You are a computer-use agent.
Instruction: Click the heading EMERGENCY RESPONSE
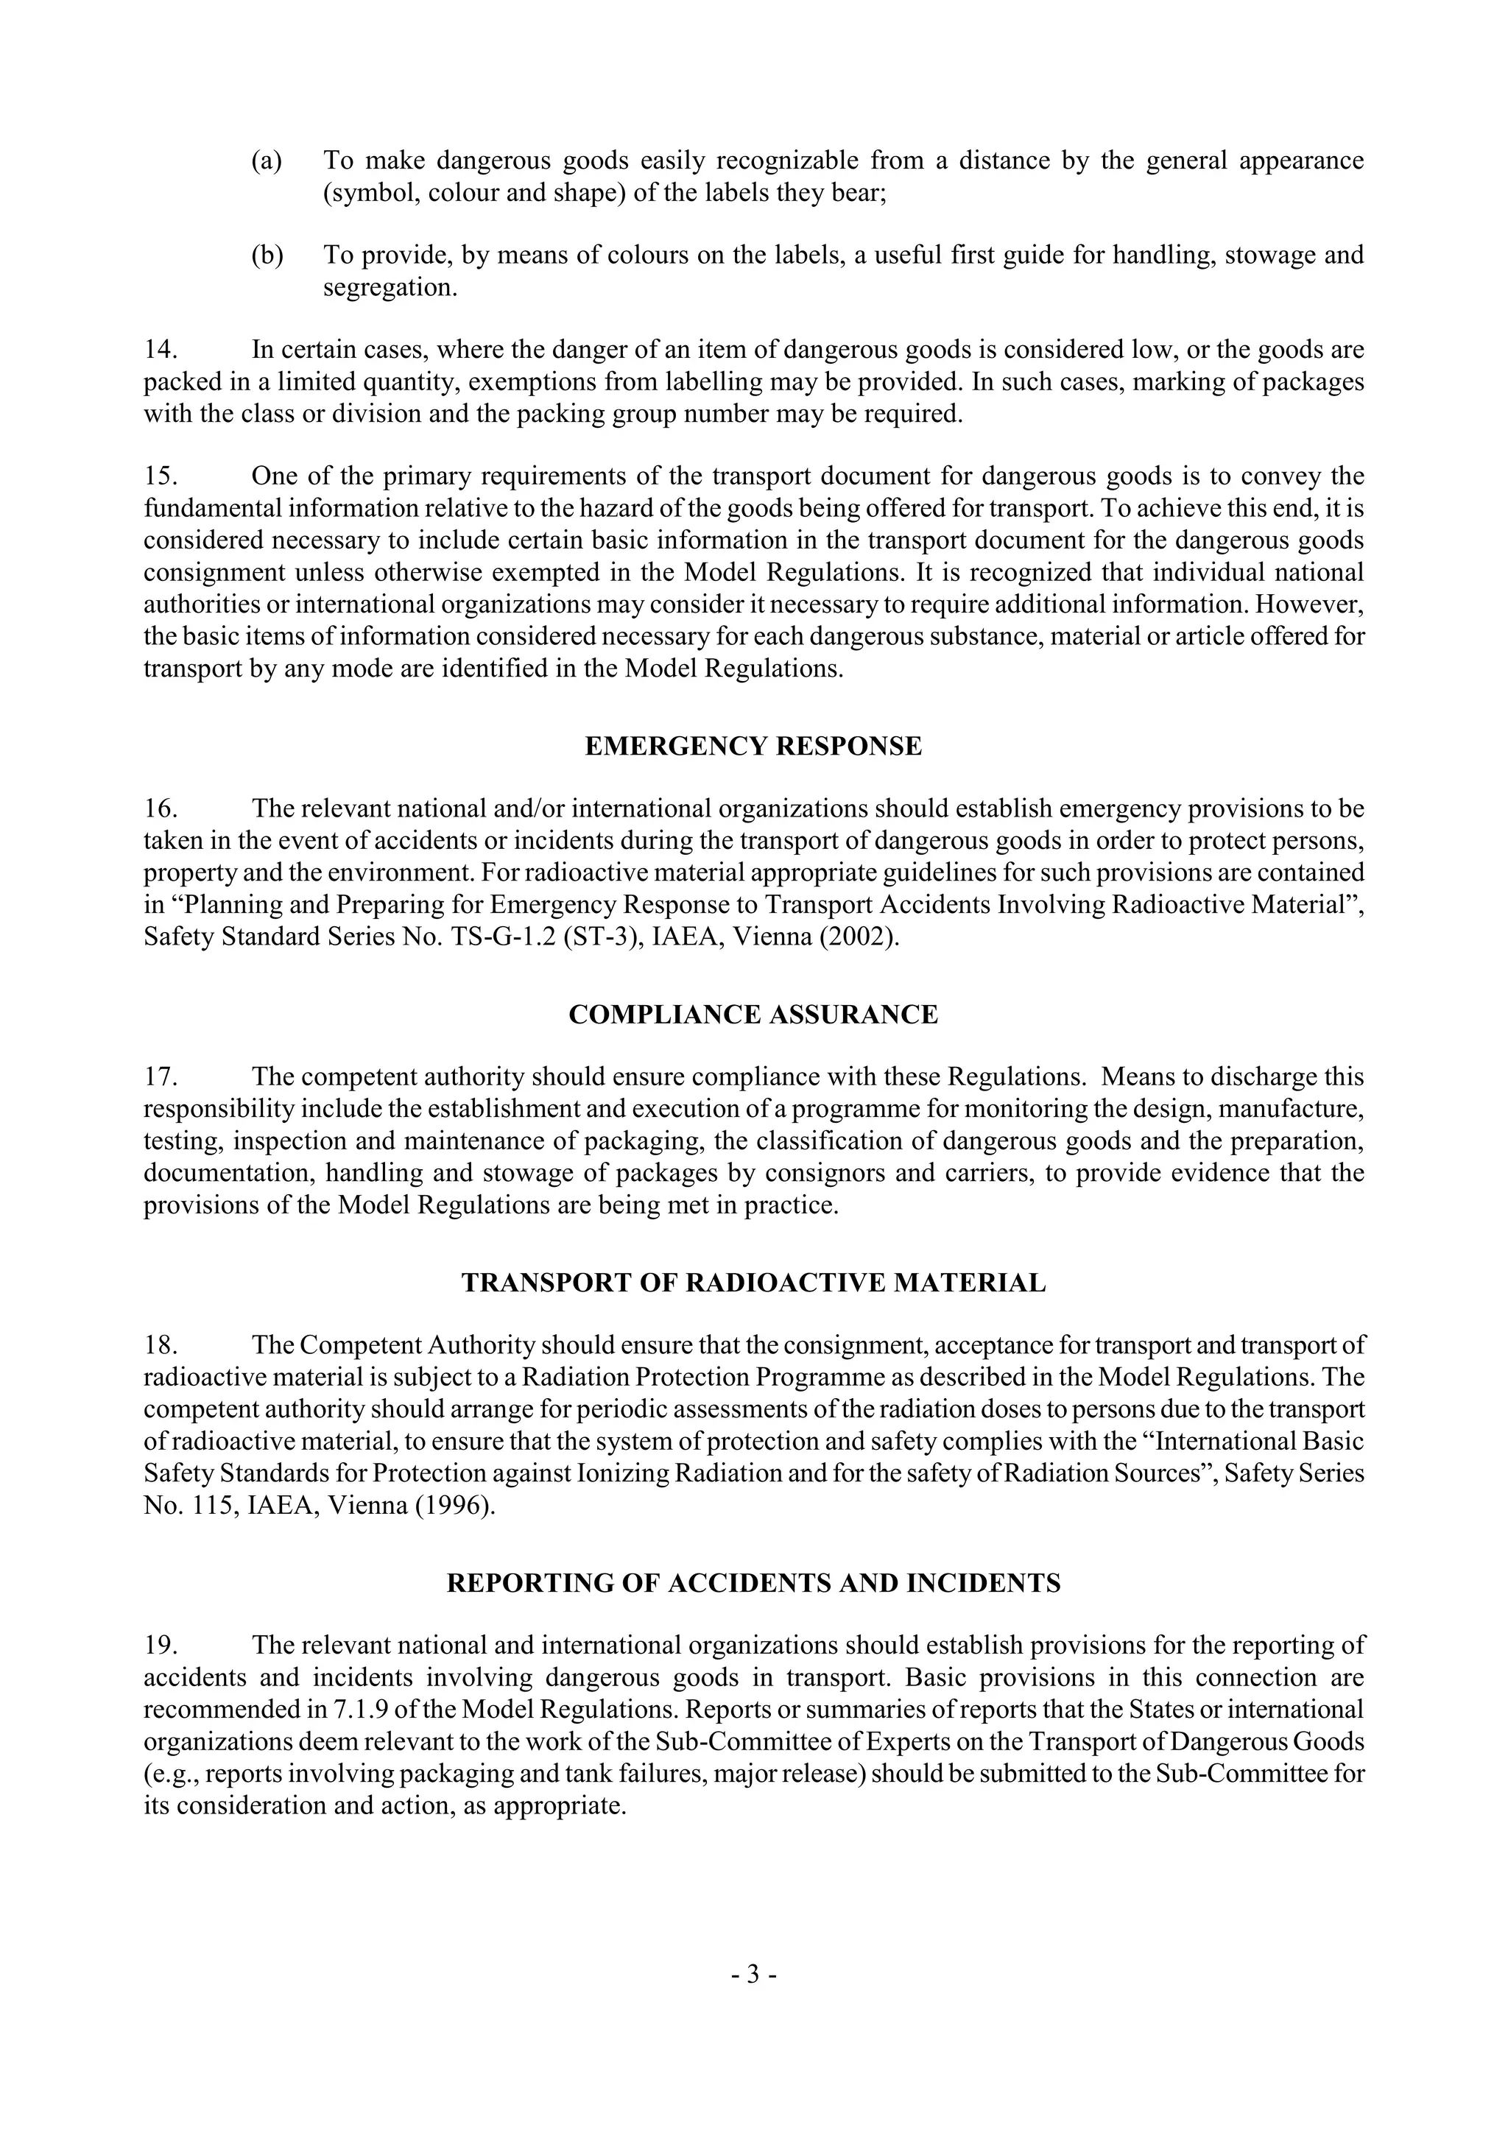click(753, 747)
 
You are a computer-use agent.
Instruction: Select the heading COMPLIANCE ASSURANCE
click(753, 1015)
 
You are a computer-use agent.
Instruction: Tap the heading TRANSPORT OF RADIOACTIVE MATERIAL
click(753, 1283)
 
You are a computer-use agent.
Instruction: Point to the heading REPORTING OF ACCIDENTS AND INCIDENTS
click(753, 1583)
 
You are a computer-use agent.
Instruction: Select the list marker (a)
click(267, 161)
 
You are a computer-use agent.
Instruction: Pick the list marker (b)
click(267, 255)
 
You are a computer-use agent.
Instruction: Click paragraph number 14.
click(160, 350)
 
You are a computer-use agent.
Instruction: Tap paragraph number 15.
click(160, 476)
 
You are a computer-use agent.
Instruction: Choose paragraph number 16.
click(160, 809)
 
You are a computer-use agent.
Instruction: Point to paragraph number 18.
click(160, 1346)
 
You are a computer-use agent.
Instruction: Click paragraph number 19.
click(160, 1646)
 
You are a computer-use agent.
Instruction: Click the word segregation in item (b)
click(390, 288)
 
